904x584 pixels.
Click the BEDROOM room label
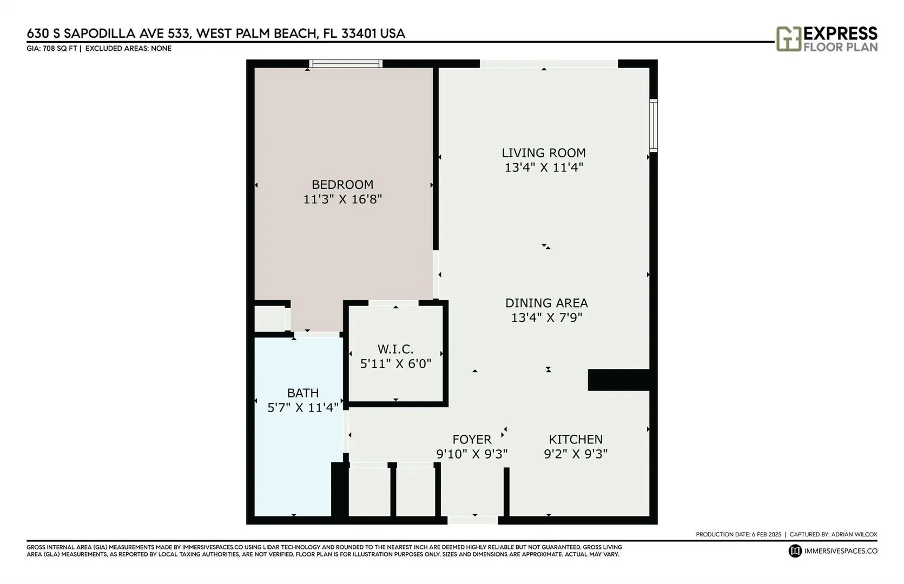(342, 185)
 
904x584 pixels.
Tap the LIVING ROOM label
(544, 153)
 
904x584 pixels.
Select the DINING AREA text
(546, 303)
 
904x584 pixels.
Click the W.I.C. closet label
(395, 349)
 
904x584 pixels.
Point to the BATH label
(302, 393)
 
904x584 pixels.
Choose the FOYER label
(472, 439)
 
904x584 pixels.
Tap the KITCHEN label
(576, 439)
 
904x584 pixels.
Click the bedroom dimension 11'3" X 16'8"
(342, 199)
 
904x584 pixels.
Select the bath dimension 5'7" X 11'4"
(302, 408)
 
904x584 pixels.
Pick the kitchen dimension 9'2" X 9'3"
(576, 454)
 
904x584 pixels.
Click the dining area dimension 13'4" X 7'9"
(546, 318)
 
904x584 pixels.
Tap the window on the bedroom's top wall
(346, 63)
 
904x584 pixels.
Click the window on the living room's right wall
(654, 125)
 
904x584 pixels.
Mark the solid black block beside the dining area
(618, 380)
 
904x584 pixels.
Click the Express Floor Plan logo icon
(789, 39)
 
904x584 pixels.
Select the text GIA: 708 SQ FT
(51, 49)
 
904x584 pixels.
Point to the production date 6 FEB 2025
(767, 534)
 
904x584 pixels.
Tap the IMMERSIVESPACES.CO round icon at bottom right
(795, 551)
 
